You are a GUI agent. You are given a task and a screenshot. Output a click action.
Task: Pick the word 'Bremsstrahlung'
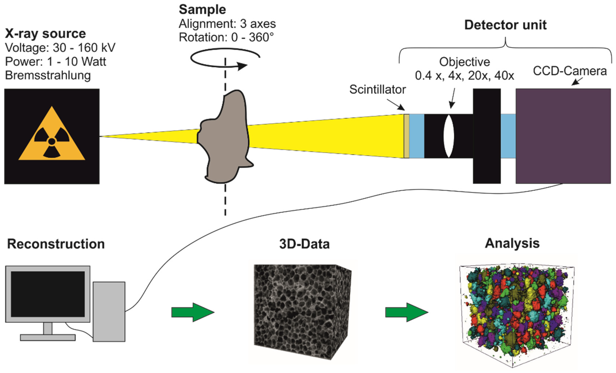(x=48, y=75)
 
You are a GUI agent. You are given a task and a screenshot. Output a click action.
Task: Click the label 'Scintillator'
(x=377, y=90)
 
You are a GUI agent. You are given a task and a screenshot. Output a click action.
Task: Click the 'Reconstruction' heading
(x=56, y=244)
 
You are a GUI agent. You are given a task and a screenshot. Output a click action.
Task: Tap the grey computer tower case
(x=109, y=311)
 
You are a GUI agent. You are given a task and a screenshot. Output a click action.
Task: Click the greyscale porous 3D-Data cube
(x=300, y=310)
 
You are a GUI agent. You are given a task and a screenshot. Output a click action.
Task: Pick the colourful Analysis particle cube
(x=515, y=313)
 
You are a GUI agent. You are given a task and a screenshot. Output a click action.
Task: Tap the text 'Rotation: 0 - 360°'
(x=226, y=38)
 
